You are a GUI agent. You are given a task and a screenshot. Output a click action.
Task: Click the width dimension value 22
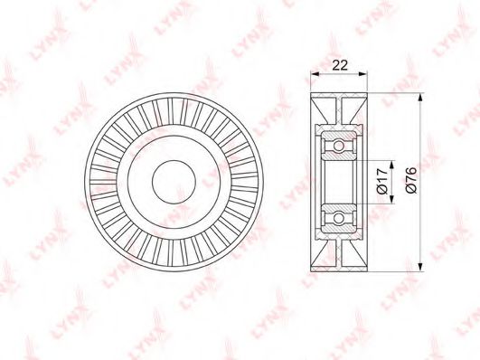point(341,65)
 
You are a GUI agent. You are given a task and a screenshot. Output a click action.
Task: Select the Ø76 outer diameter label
point(410,181)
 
